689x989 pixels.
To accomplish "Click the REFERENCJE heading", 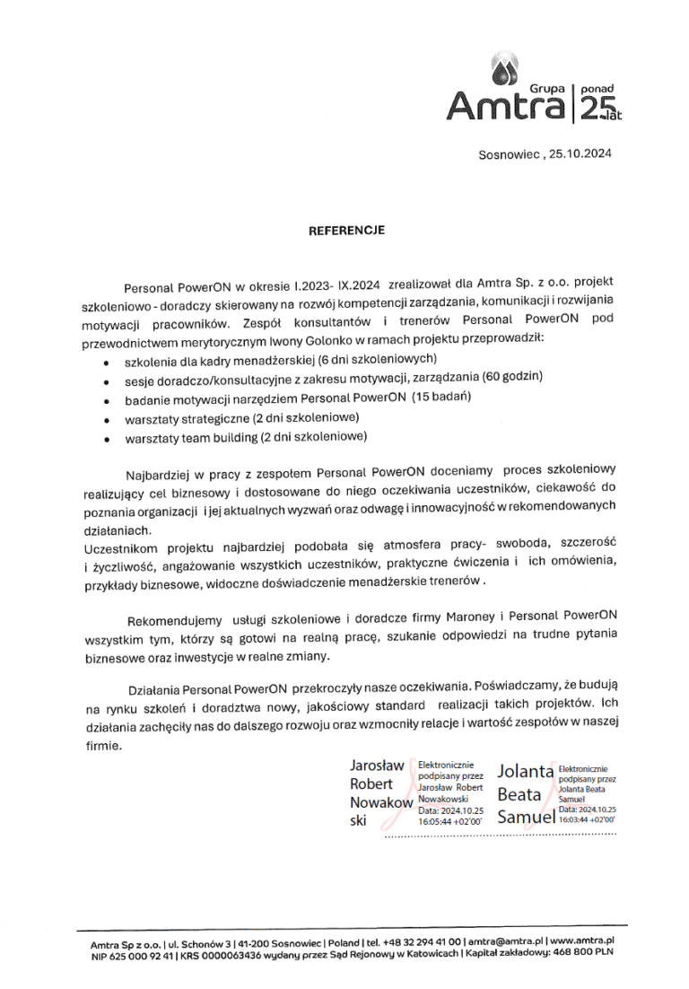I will tap(346, 230).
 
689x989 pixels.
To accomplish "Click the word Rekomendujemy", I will tap(175, 620).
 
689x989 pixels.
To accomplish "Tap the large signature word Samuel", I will tap(527, 817).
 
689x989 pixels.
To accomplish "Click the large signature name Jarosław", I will tap(377, 766).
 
